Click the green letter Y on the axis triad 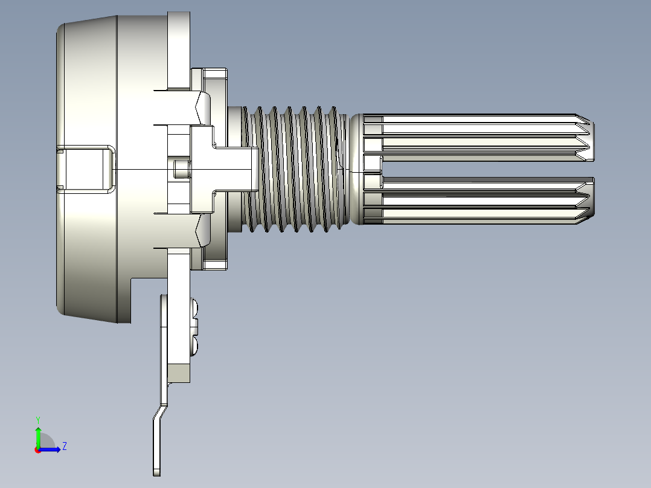(x=38, y=420)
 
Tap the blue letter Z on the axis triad (x=65, y=446)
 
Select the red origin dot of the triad (x=38, y=450)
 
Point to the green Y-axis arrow (x=38, y=437)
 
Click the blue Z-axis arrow (x=50, y=449)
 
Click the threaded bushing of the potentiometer (x=294, y=169)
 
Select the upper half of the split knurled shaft (x=478, y=137)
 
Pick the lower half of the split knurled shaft (x=478, y=201)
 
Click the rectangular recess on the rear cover (x=86, y=169)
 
